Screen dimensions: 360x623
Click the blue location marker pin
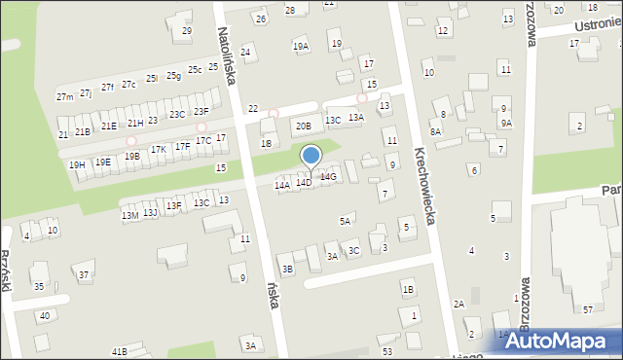click(x=311, y=157)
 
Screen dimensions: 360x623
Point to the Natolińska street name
click(x=228, y=56)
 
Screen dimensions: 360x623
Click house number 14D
click(x=305, y=182)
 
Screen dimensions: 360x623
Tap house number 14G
click(x=329, y=176)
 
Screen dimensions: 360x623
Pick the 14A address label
click(x=282, y=185)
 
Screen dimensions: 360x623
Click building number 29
click(x=187, y=31)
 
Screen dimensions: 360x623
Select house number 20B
click(x=304, y=126)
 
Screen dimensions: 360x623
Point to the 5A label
click(x=345, y=222)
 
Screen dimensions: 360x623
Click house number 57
click(x=588, y=308)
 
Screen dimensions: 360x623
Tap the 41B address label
click(x=119, y=350)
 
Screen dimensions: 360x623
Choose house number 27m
click(x=64, y=97)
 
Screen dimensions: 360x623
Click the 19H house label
click(x=77, y=165)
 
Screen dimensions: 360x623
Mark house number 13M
click(x=129, y=216)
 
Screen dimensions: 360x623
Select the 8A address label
click(x=436, y=131)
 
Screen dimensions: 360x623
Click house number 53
click(x=387, y=350)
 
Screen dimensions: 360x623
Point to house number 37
click(x=85, y=275)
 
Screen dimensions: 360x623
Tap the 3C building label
click(x=354, y=251)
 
